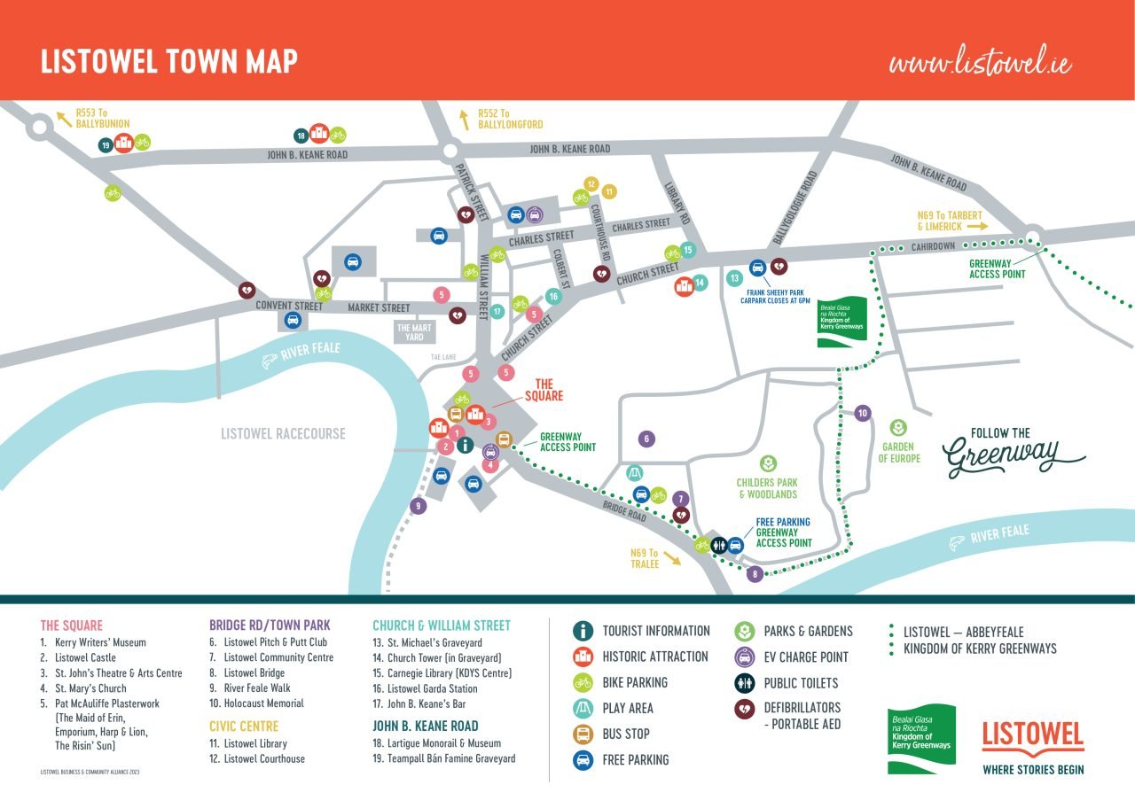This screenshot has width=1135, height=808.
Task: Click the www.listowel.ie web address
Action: pos(980,63)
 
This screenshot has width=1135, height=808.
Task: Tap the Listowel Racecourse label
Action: pos(283,434)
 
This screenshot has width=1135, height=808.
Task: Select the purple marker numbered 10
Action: pos(863,413)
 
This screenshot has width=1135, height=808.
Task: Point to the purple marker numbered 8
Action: pos(755,574)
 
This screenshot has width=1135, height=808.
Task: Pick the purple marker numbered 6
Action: pos(647,439)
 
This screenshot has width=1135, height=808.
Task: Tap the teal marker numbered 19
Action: pos(106,144)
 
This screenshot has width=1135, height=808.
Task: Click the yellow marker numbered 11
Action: pos(609,191)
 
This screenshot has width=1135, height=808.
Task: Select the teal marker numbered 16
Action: pos(553,297)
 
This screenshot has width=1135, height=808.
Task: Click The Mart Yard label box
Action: pos(415,332)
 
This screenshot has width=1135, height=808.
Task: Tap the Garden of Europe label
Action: pos(897,453)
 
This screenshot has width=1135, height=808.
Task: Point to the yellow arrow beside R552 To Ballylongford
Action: pos(464,115)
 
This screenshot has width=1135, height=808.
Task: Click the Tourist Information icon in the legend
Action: pos(583,631)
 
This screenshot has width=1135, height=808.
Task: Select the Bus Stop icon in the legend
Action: pos(583,734)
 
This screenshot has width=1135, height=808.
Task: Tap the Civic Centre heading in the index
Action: pos(244,726)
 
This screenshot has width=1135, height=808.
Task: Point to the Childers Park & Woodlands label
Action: pos(766,488)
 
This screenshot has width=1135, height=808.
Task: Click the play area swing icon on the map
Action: pos(634,472)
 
